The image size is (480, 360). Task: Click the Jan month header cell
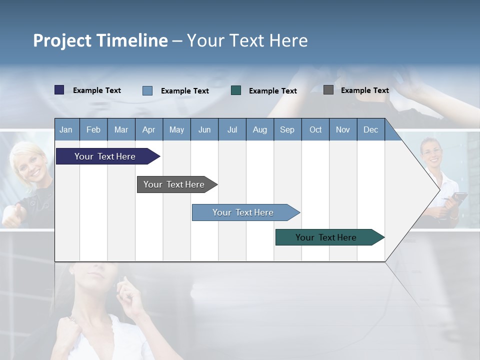[x=66, y=129]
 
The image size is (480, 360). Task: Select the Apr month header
[x=149, y=129]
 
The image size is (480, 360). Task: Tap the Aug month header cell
[x=260, y=129]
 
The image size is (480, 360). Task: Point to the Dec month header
[x=370, y=129]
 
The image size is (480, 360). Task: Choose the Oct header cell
[x=315, y=129]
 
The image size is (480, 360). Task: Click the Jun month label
[x=204, y=129]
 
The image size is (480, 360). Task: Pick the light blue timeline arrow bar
[x=243, y=212]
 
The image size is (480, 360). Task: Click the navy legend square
[x=59, y=90]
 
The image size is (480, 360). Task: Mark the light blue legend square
[x=147, y=90]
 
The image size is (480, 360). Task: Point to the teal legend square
[x=236, y=90]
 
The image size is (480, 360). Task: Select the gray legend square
[x=328, y=90]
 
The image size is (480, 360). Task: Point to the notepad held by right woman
[x=457, y=198]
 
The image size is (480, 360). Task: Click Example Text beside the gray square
[x=364, y=90]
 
